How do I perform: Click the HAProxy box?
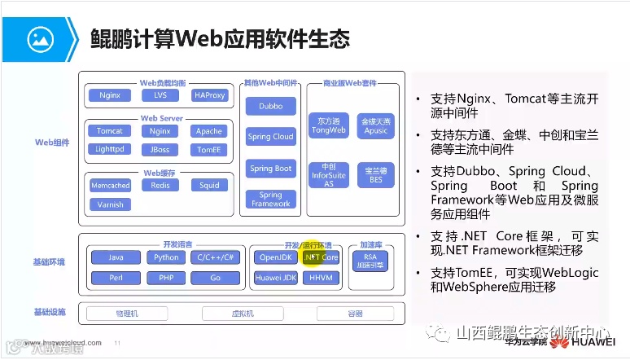(x=211, y=95)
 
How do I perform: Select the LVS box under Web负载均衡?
(x=160, y=95)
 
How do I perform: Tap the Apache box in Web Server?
(x=209, y=131)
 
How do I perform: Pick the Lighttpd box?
(x=110, y=150)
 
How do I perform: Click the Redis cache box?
(x=160, y=186)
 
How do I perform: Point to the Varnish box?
(x=110, y=204)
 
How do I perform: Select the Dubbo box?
(x=271, y=107)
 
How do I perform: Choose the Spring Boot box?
(x=271, y=169)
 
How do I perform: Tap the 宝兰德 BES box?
(x=375, y=174)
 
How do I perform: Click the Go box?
(x=216, y=278)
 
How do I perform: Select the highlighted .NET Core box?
(x=320, y=257)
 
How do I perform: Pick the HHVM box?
(x=320, y=278)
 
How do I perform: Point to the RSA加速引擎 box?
(x=370, y=261)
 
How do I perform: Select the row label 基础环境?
(x=50, y=262)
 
